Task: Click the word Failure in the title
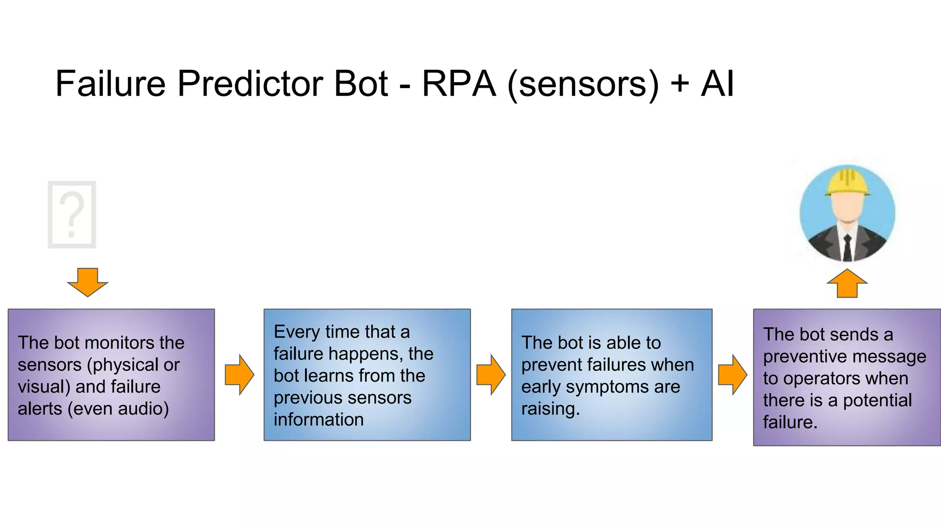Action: tap(110, 84)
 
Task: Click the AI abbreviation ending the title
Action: tap(717, 84)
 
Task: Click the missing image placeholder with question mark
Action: tap(72, 214)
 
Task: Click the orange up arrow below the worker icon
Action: tap(847, 283)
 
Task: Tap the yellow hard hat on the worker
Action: tap(847, 182)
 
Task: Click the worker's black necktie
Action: tap(847, 248)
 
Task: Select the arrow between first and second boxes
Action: tap(239, 375)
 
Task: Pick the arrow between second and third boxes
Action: tap(491, 375)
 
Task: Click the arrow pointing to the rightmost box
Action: tap(732, 375)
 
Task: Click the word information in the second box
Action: tap(318, 420)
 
